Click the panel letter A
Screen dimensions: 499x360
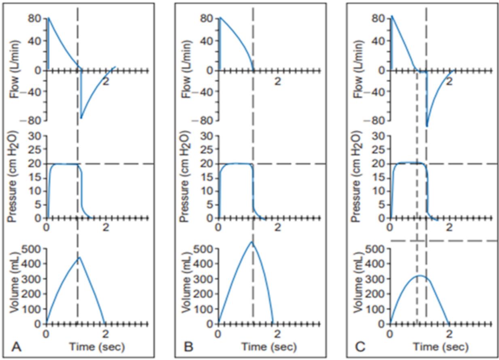[16, 347]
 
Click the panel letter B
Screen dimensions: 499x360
[188, 347]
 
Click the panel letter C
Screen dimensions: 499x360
[360, 347]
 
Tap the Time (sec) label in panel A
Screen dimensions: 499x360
[97, 347]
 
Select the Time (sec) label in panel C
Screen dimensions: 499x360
[441, 347]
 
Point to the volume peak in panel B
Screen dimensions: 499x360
[252, 242]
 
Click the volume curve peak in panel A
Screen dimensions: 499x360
[79, 258]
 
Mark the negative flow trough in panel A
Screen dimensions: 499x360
[81, 118]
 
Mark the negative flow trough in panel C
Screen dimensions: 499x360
[427, 126]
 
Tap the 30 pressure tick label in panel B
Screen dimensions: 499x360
[207, 136]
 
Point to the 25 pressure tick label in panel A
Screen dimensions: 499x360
[35, 150]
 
